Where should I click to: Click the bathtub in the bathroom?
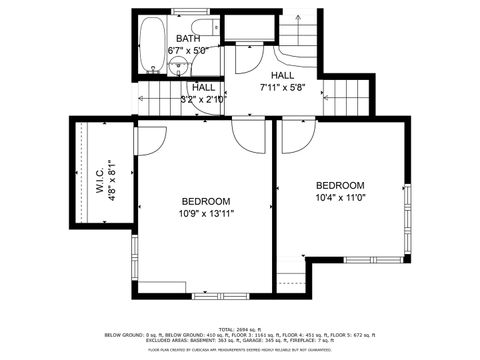click(x=152, y=45)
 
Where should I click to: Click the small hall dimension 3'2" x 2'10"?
click(x=203, y=100)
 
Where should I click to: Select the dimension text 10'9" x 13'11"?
click(x=206, y=213)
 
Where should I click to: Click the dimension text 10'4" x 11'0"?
click(x=340, y=198)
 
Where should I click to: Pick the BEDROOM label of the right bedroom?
click(x=340, y=185)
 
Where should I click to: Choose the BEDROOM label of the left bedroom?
click(x=206, y=200)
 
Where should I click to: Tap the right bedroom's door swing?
click(x=296, y=136)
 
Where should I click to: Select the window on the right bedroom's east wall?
click(x=406, y=215)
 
